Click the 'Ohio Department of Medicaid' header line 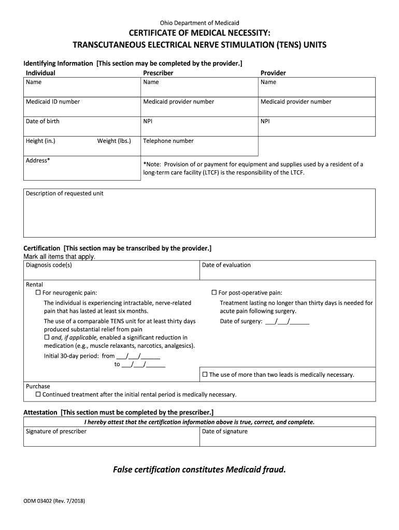pos(199,23)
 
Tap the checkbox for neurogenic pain pos(38,293)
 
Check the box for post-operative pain pos(215,293)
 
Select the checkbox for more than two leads pos(205,374)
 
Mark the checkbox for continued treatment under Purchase pos(38,394)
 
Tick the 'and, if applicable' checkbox pos(47,337)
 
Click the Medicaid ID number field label pos(53,102)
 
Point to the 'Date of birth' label pos(42,122)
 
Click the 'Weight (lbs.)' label pos(114,141)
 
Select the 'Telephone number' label pos(168,141)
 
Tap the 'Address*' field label pos(38,160)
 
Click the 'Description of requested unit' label pos(65,194)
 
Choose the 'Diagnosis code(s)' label pos(49,265)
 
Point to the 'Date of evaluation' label pos(226,265)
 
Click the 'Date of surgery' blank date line pos(287,321)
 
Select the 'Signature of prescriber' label pos(56,432)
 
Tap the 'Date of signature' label pos(225,432)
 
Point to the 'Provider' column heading pos(273,73)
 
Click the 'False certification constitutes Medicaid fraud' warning pos(199,470)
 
